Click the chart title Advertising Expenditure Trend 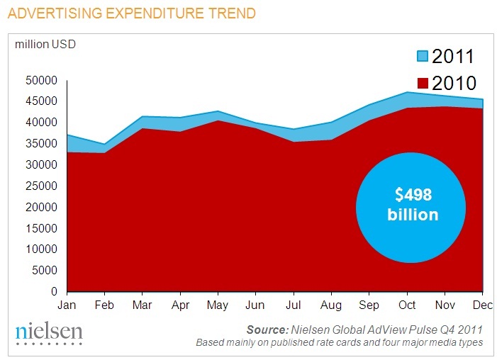(127, 13)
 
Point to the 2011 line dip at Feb (105, 144)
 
